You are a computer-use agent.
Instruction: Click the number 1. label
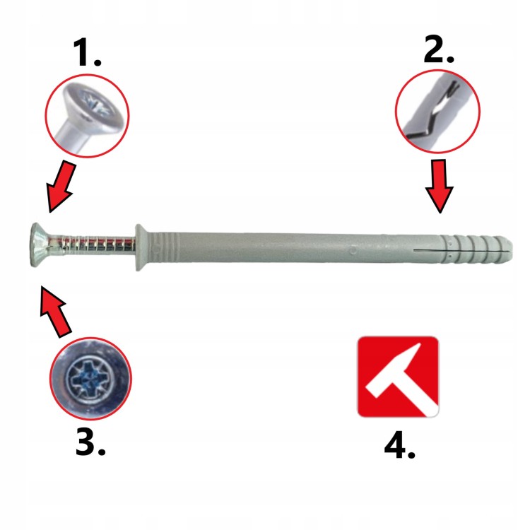[87, 52]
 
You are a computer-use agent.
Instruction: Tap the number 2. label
[439, 50]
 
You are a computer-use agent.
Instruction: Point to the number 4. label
[399, 445]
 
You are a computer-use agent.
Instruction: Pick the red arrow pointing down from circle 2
[440, 187]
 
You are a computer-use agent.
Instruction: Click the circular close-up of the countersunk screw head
[87, 116]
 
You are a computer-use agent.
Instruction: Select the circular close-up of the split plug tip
[437, 112]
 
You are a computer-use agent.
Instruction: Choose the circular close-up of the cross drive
[90, 378]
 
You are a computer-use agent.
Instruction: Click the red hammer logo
[399, 376]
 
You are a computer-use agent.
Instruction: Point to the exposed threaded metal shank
[93, 245]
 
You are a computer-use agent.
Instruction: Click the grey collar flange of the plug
[141, 247]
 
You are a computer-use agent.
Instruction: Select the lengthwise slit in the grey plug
[463, 251]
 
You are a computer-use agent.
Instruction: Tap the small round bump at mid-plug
[353, 250]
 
